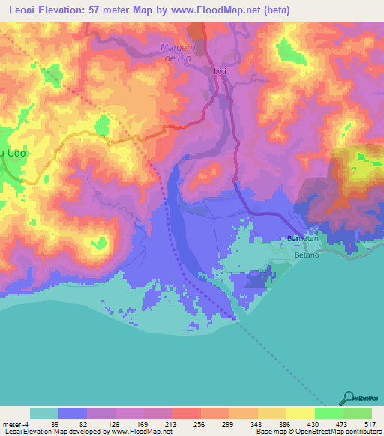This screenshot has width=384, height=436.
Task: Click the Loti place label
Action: tap(220, 71)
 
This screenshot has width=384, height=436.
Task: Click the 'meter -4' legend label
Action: tap(15, 424)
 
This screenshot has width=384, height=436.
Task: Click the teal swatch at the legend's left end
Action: tap(44, 413)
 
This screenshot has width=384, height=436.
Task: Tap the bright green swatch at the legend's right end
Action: tap(358, 413)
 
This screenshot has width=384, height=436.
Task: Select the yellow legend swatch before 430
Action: tap(301, 413)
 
